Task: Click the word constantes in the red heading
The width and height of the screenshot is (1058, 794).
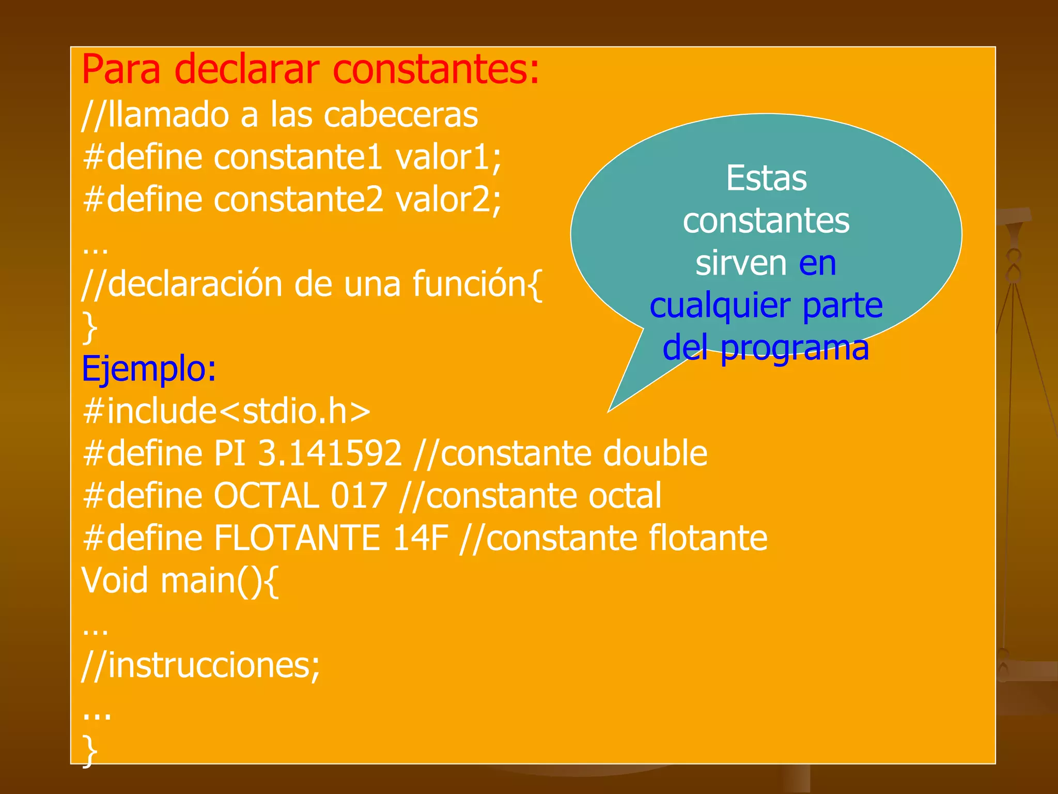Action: pyautogui.click(x=437, y=70)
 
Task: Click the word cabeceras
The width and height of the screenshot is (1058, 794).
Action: pyautogui.click(x=400, y=115)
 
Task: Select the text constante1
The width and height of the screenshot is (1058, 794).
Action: pyautogui.click(x=298, y=157)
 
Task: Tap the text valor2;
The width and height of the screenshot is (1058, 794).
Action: pyautogui.click(x=448, y=200)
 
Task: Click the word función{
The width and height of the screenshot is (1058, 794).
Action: pyautogui.click(x=477, y=284)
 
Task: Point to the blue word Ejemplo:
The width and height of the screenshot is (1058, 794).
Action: pyautogui.click(x=149, y=369)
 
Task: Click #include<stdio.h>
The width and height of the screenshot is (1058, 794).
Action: pyautogui.click(x=226, y=411)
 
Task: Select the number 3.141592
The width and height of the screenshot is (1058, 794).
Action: pyautogui.click(x=330, y=453)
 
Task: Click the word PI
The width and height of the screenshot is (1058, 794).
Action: pyautogui.click(x=229, y=453)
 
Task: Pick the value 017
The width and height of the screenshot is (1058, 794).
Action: pyautogui.click(x=359, y=496)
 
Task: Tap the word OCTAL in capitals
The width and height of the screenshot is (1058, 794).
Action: pyautogui.click(x=266, y=496)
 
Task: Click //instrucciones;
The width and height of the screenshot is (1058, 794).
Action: pyautogui.click(x=200, y=665)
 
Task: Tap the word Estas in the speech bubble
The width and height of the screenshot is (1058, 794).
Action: pyautogui.click(x=766, y=178)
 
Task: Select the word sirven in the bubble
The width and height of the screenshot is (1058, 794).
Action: pyautogui.click(x=741, y=263)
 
